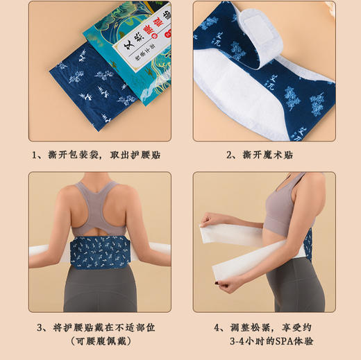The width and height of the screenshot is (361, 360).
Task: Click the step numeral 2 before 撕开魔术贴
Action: pos(230,154)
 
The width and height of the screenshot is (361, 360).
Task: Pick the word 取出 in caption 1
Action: pos(131,154)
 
